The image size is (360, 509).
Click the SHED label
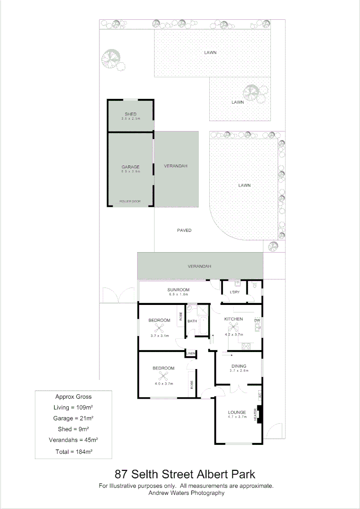(131, 115)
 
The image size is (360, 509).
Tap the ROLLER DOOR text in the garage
(130, 201)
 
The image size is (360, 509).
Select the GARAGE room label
(131, 167)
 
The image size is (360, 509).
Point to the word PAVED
(184, 230)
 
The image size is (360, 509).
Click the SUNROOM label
(178, 290)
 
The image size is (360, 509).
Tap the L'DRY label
(234, 292)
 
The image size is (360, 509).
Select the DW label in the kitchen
(257, 321)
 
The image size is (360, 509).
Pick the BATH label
(192, 321)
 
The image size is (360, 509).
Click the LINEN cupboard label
(191, 353)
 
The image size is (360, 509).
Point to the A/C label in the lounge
(259, 396)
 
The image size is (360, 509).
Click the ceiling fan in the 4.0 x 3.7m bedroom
(164, 376)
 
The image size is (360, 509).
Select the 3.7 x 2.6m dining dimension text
(239, 371)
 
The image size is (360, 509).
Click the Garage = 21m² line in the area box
(73, 418)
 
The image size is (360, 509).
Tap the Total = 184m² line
(73, 452)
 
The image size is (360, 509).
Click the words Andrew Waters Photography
(186, 493)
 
